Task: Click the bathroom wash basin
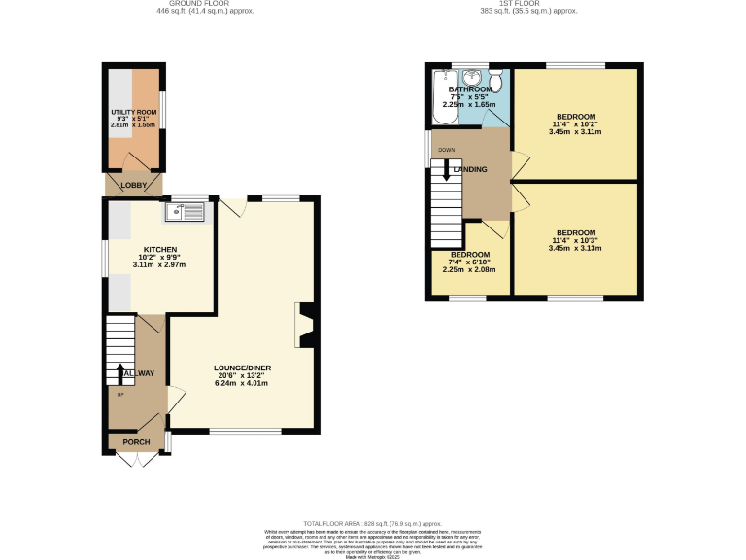pyautogui.click(x=472, y=76)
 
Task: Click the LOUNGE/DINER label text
pyautogui.click(x=242, y=367)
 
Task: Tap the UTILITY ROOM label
pyautogui.click(x=133, y=113)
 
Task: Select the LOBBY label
pyautogui.click(x=133, y=185)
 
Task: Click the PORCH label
pyautogui.click(x=136, y=442)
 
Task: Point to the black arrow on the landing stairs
pyautogui.click(x=446, y=171)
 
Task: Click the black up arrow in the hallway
pyautogui.click(x=120, y=373)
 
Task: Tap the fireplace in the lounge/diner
pyautogui.click(x=304, y=326)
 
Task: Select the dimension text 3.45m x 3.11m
pyautogui.click(x=575, y=131)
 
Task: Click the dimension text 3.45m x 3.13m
pyautogui.click(x=575, y=248)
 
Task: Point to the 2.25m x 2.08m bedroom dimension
pyautogui.click(x=469, y=269)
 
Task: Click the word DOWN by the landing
pyautogui.click(x=446, y=150)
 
